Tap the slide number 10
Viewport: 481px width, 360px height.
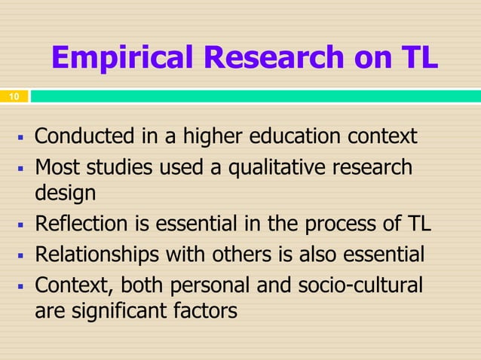[14, 97]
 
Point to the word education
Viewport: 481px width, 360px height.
[313, 138]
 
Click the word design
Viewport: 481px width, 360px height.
[66, 194]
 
